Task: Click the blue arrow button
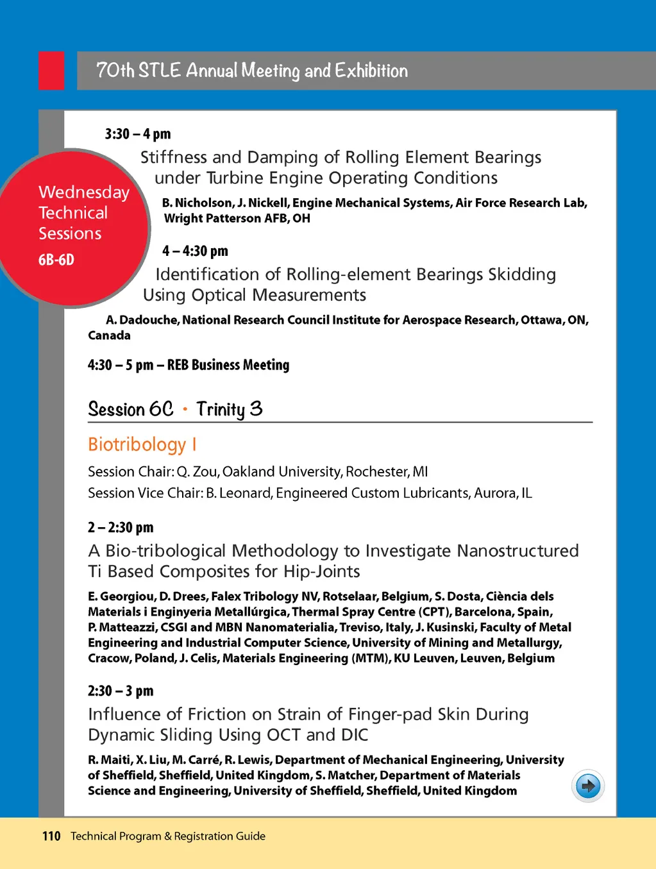coord(587,786)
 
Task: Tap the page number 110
coord(51,836)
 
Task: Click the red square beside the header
coord(51,71)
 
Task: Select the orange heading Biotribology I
coord(142,444)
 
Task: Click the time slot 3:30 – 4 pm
coord(138,134)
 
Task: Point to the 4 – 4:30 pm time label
coord(195,251)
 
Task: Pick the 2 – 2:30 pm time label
coord(121,527)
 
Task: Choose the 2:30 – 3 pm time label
coord(121,691)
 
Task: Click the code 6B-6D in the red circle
coord(56,260)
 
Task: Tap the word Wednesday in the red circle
coord(84,192)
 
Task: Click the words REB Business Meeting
coord(228,365)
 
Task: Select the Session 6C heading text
coord(130,409)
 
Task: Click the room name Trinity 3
coord(229,409)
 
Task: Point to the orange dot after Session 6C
coord(185,409)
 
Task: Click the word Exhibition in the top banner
coord(371,71)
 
